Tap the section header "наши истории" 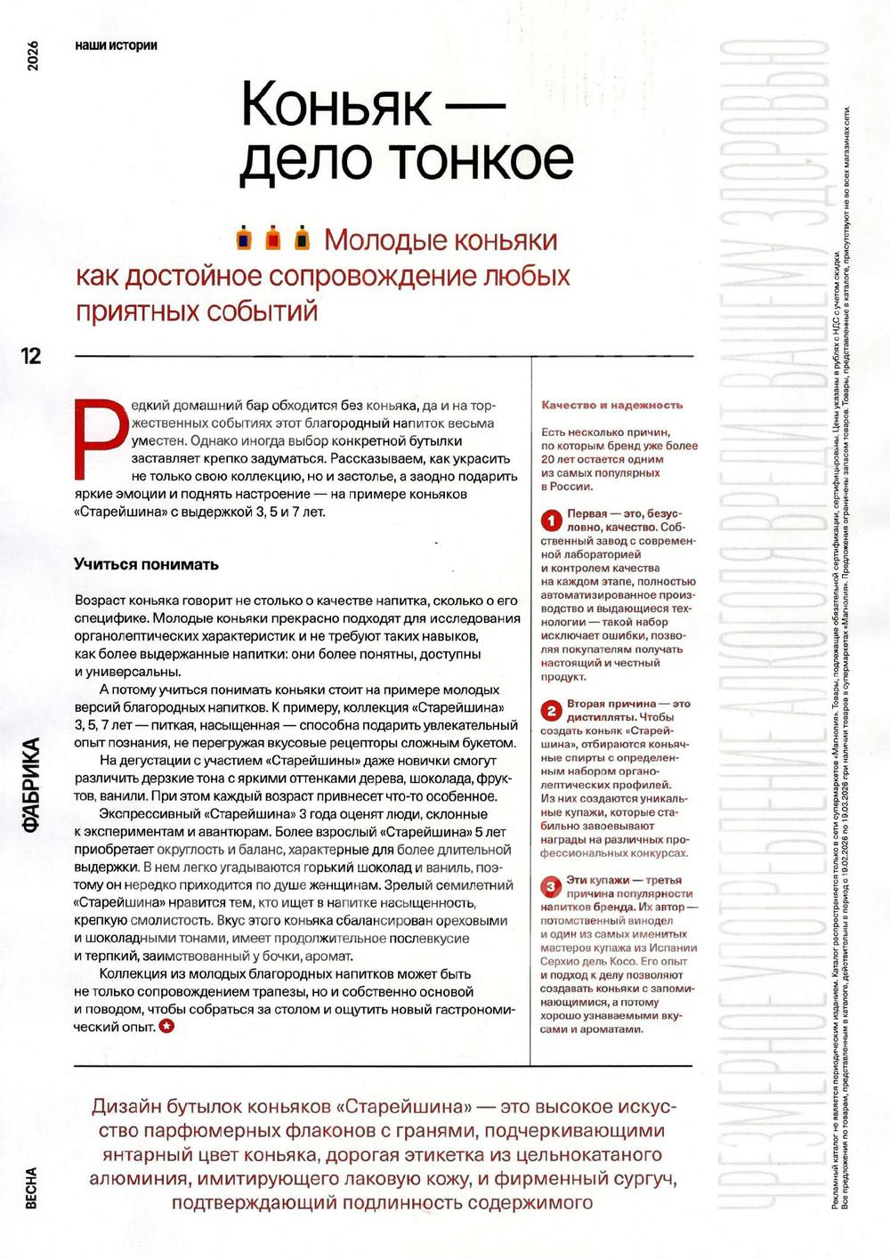(116, 45)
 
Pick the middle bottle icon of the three (274, 238)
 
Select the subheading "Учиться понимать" (146, 564)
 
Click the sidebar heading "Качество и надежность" (611, 405)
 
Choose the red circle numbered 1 (552, 520)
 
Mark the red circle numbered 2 (552, 710)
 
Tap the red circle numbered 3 (552, 886)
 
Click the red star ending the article (166, 1026)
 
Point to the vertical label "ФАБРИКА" (31, 784)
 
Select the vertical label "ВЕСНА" (31, 1188)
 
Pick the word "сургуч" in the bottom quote (635, 1179)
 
